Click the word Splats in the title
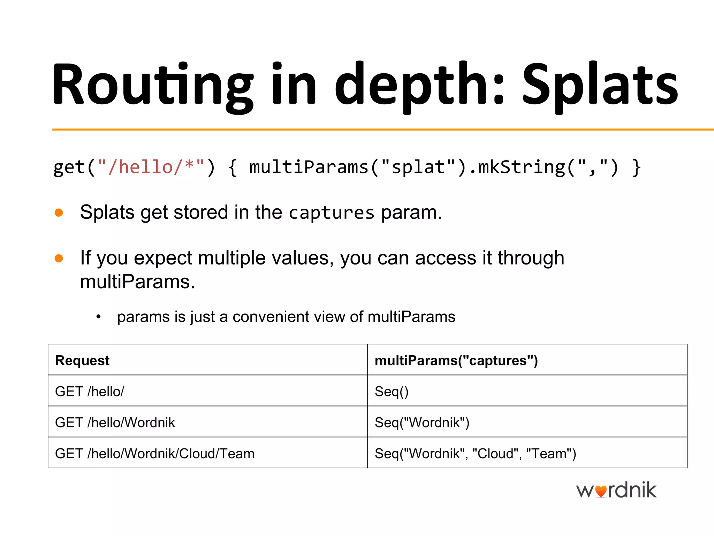point(600,85)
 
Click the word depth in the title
point(415,85)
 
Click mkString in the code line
point(521,167)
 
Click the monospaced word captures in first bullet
point(331,213)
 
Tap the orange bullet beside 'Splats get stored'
point(59,213)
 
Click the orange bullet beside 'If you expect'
point(59,258)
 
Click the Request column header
point(82,360)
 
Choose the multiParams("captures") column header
point(456,360)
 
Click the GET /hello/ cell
point(90,392)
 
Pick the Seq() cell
point(392,392)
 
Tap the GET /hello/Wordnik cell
point(115,423)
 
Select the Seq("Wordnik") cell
point(422,423)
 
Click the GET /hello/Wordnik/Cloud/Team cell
point(155,454)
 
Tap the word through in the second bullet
point(531,258)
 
